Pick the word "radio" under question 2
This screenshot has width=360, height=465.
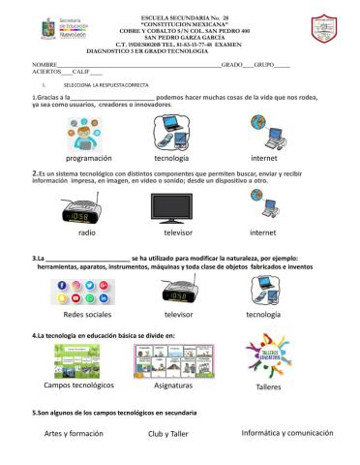[87, 233]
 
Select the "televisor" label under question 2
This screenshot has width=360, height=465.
[178, 233]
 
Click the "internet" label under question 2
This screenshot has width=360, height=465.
[263, 233]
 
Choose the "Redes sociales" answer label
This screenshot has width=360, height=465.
[87, 316]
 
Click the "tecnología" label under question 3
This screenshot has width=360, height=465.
[262, 315]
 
